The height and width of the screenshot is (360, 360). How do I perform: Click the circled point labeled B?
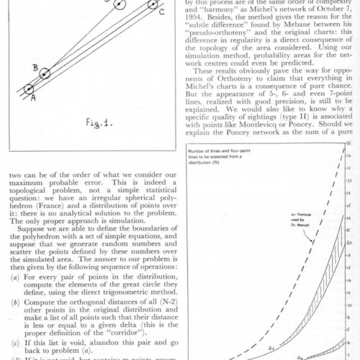[x=45, y=73]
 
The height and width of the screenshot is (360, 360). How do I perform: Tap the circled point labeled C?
[x=153, y=4]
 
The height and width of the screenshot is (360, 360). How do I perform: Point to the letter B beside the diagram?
[x=35, y=68]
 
